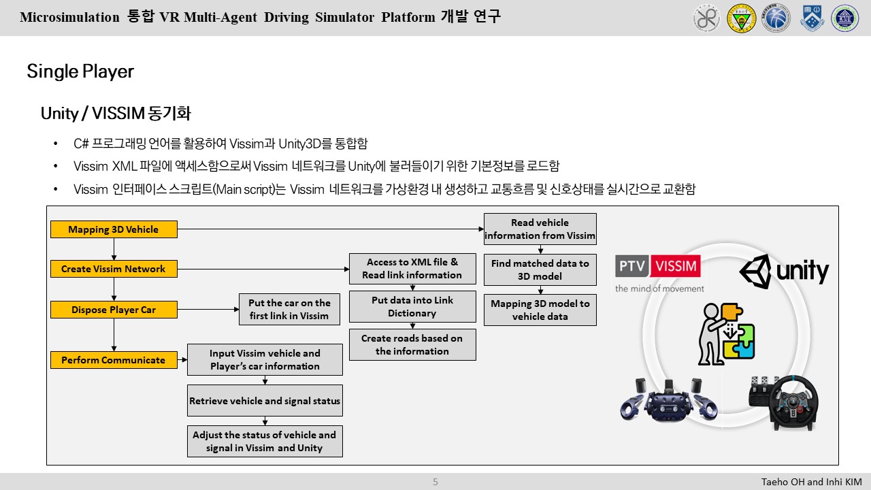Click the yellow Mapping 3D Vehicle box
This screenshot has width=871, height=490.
click(114, 229)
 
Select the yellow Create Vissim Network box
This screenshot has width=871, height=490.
click(114, 269)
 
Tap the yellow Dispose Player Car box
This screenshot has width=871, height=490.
click(114, 310)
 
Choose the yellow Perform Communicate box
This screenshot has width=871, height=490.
click(114, 360)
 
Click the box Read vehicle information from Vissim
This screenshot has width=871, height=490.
click(540, 229)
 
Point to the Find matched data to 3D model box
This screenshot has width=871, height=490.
click(540, 269)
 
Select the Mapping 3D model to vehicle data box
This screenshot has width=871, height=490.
click(540, 310)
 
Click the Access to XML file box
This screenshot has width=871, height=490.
click(412, 269)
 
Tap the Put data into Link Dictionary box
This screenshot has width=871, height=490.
click(412, 307)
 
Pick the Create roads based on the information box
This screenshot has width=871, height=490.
click(412, 344)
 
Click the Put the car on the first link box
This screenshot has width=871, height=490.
click(289, 310)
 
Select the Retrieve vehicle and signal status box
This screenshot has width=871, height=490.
click(265, 401)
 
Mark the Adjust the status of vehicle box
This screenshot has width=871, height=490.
click(265, 441)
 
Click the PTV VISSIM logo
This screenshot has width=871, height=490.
click(658, 272)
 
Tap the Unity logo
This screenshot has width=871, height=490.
click(784, 271)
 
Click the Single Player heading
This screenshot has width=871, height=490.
click(80, 71)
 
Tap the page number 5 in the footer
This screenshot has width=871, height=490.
click(435, 482)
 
